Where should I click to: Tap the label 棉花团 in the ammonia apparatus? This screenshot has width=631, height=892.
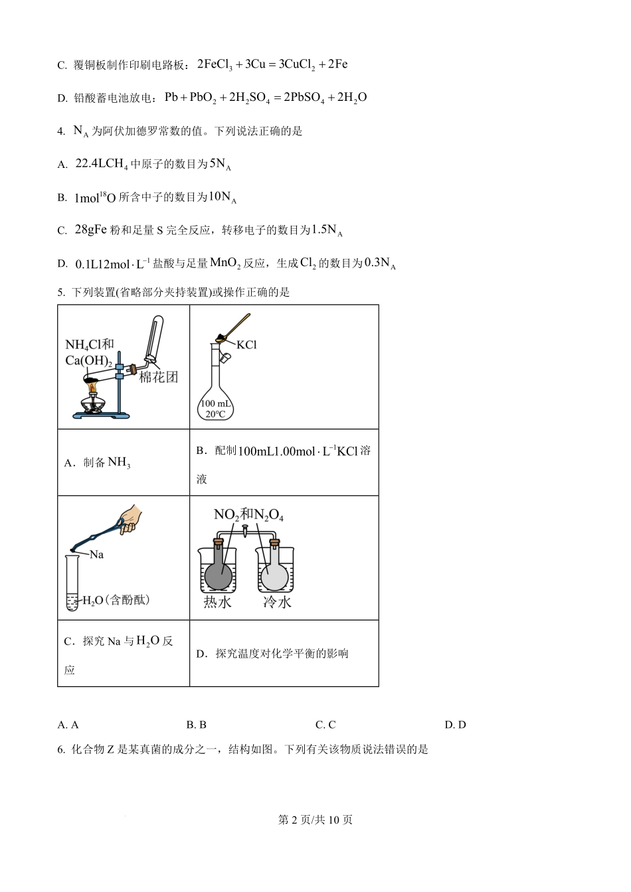coord(158,377)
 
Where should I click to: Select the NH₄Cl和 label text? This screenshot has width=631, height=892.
coord(89,344)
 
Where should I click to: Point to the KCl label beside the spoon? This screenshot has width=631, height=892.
coord(246,344)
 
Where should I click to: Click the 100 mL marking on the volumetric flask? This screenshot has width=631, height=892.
coord(215,404)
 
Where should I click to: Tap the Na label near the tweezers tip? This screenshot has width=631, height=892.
coord(96,554)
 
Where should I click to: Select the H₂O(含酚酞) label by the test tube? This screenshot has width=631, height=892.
coord(116,600)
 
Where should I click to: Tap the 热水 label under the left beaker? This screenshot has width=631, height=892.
coord(218,602)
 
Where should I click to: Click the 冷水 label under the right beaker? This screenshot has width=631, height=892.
coord(277,602)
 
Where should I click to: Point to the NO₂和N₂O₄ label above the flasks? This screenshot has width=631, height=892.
coord(248,514)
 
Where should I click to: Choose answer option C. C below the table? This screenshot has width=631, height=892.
coord(325,725)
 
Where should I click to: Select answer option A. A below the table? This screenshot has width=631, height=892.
coord(68,725)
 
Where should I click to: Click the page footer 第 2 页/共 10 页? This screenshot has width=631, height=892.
coord(315,820)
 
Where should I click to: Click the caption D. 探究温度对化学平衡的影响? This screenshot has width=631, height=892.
coord(272,654)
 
